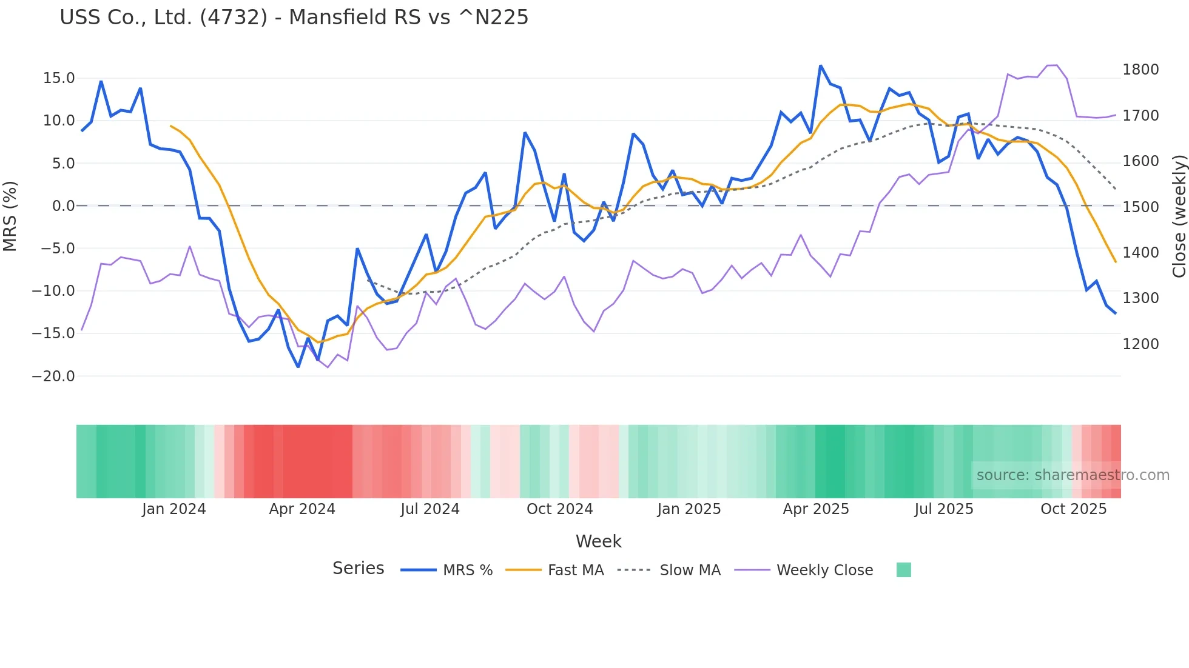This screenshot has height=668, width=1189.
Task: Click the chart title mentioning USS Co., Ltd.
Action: click(x=294, y=18)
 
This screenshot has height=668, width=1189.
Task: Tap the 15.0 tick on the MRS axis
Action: click(x=59, y=78)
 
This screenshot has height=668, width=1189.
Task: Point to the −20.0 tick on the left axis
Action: click(x=54, y=376)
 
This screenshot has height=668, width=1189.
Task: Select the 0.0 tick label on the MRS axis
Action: click(x=63, y=206)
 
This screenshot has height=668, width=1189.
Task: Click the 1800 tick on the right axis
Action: click(x=1140, y=70)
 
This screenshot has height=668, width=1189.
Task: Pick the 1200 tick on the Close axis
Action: click(x=1140, y=344)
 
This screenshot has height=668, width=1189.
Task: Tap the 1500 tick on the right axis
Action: click(x=1140, y=207)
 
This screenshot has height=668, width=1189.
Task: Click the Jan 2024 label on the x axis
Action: click(x=174, y=509)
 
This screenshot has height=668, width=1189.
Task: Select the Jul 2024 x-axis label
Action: click(x=430, y=509)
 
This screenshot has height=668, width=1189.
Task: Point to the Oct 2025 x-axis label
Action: click(x=1074, y=509)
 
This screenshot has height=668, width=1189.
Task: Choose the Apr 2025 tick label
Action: click(x=816, y=509)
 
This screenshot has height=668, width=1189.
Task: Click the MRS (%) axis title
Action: click(x=10, y=216)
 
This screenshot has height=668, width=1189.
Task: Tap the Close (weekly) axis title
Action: click(x=1179, y=216)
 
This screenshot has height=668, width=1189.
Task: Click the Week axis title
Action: click(x=598, y=541)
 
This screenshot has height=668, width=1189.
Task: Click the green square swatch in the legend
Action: click(x=904, y=570)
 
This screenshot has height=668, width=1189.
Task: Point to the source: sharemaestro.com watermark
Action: click(x=1073, y=475)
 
